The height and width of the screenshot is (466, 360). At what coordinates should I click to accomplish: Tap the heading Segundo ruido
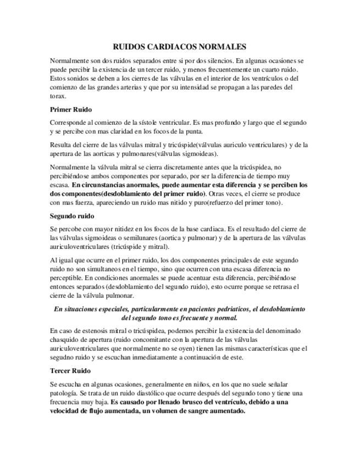pos(72,215)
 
